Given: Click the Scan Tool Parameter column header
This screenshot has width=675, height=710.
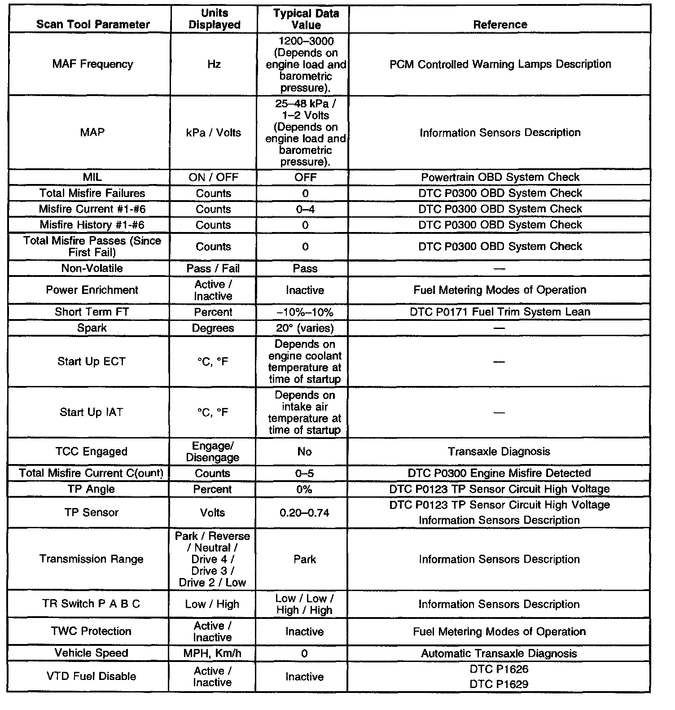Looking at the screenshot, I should tap(93, 24).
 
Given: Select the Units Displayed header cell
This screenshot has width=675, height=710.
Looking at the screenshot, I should tap(215, 19).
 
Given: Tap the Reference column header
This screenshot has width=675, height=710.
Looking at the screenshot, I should tap(500, 24).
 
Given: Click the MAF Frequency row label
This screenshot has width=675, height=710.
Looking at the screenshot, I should tap(92, 64).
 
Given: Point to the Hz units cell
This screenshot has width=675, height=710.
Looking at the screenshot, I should tap(214, 64).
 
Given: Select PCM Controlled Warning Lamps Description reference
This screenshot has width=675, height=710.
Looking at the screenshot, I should tap(500, 64).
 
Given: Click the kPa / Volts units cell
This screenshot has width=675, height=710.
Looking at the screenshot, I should tap(214, 133).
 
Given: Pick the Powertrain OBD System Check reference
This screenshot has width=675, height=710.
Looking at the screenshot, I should tap(500, 177).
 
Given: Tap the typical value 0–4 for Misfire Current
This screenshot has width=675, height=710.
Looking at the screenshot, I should tap(305, 209).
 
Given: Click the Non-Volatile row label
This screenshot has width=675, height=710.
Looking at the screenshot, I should tap(92, 268).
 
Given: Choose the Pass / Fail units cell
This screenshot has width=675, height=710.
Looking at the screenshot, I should tap(213, 268).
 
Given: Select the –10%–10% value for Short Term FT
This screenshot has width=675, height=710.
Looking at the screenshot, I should tap(305, 312).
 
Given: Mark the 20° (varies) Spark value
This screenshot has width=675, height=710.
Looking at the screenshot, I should tap(305, 328).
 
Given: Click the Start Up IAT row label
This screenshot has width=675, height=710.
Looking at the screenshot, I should tap(92, 412).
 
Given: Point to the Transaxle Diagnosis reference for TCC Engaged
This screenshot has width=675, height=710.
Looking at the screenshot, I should tap(499, 451).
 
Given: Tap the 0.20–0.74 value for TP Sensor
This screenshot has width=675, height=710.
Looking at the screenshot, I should tap(304, 513).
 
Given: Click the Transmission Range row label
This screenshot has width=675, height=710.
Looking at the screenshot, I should tap(92, 559).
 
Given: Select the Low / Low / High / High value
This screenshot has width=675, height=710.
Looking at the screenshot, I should tap(304, 604).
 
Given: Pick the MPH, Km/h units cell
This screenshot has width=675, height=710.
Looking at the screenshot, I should tap(212, 653).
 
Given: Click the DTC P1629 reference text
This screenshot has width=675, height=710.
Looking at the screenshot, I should tap(499, 684).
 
